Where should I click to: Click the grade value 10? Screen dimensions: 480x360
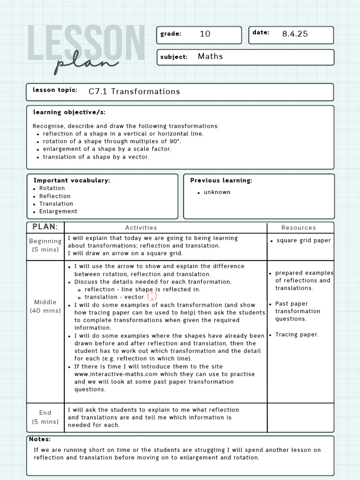205,34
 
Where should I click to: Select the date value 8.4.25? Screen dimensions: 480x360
295,34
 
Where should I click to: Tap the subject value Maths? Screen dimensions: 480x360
210,56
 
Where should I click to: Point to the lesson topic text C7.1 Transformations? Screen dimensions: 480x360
134,91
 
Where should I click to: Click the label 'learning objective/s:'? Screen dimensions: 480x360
69,112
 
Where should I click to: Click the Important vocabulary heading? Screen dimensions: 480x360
72,180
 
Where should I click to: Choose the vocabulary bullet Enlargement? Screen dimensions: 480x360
58,211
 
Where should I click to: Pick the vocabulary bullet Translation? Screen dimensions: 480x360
56,204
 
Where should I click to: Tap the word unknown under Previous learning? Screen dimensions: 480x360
217,192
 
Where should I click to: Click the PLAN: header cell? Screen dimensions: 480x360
45,227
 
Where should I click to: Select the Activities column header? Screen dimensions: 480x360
141,228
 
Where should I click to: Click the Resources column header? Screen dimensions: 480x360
299,228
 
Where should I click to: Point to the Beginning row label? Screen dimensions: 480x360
45,241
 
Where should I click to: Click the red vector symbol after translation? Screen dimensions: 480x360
152,296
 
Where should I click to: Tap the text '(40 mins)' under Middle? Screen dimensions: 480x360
45,311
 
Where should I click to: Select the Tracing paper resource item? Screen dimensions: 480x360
297,335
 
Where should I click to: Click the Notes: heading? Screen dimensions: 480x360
40,439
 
